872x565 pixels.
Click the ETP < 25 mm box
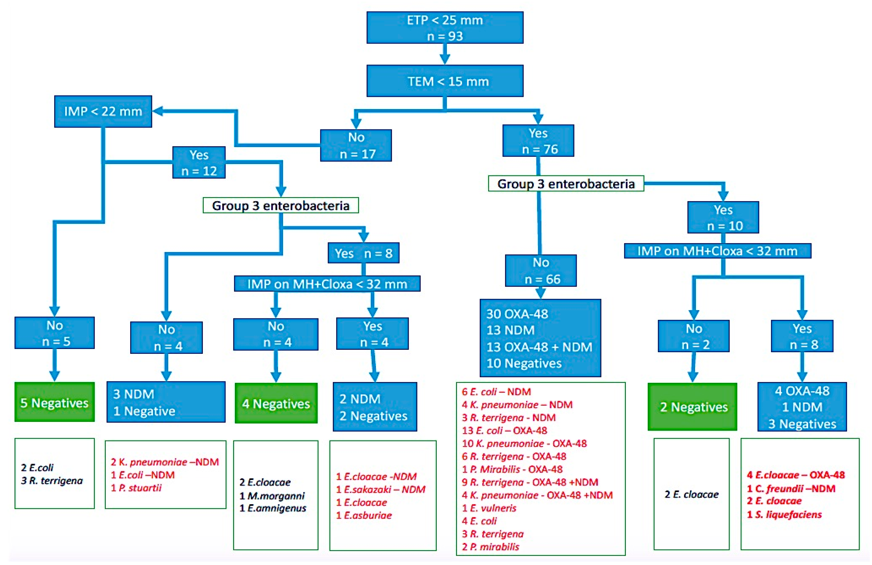point(445,27)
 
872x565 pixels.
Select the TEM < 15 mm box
point(445,81)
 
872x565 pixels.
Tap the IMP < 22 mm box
point(103,112)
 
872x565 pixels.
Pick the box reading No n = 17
point(356,146)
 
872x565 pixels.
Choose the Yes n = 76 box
point(538,141)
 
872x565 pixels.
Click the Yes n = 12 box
point(199,162)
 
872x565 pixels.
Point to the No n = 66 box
point(541,270)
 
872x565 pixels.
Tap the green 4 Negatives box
point(276,403)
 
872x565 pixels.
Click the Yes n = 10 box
point(723,217)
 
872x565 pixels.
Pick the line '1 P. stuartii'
point(136,488)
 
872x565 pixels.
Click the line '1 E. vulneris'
point(489,508)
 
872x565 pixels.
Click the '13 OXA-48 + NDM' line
point(539,347)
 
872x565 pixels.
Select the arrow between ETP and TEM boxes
point(445,54)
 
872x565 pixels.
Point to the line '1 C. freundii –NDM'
point(791,488)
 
